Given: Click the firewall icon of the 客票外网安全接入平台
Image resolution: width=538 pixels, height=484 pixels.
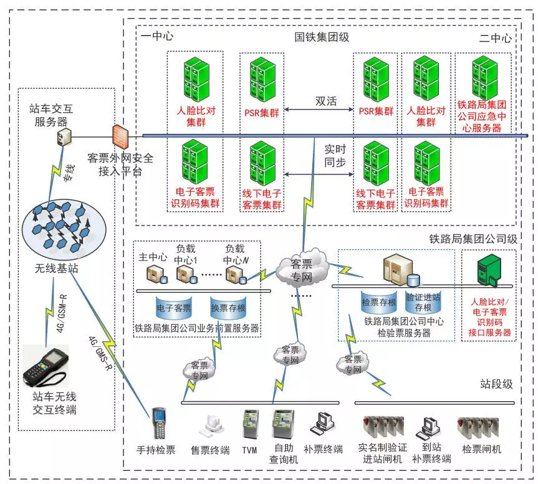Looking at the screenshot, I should click(120, 135).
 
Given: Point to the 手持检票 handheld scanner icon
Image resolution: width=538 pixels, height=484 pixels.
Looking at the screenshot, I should click(158, 424).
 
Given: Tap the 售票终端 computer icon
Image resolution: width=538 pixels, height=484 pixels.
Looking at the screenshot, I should click(209, 426).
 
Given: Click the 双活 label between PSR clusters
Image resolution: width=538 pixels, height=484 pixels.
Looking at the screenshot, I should click(325, 102).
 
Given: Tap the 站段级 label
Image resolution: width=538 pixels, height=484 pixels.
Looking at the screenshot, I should click(496, 384).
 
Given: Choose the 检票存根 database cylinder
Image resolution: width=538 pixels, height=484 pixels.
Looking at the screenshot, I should click(379, 301).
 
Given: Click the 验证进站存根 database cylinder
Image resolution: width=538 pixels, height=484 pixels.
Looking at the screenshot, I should click(423, 301).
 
